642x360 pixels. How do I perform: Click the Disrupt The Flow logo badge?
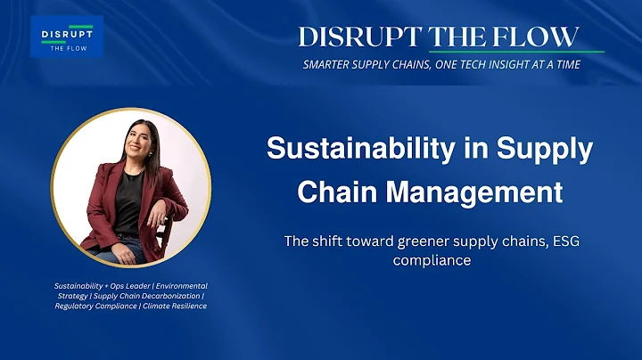pyautogui.click(x=67, y=37)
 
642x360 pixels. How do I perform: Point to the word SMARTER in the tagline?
pyautogui.click(x=334, y=65)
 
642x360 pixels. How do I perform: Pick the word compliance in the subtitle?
pyautogui.click(x=431, y=260)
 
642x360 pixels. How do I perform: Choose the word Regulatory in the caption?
pyautogui.click(x=74, y=307)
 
